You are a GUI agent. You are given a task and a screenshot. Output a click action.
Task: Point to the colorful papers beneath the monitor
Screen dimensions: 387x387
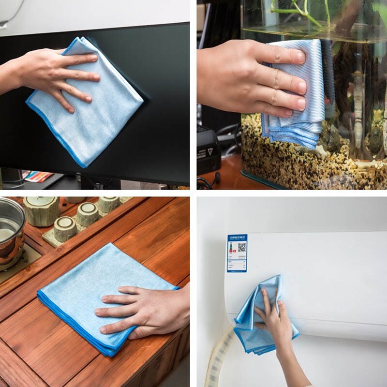tap(38, 176)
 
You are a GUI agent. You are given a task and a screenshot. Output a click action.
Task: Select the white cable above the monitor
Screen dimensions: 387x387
tap(10, 15)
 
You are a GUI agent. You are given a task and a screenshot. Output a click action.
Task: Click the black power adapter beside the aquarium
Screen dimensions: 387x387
tap(208, 150)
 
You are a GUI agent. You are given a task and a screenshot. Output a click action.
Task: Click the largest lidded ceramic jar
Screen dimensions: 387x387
tap(41, 211)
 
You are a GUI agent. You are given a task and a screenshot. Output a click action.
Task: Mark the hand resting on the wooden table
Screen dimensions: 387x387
tap(145, 310)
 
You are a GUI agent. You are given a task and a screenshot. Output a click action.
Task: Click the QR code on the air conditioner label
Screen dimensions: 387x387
tap(241, 247)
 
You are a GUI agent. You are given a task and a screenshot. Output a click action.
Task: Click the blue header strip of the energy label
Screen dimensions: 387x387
tap(237, 238)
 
